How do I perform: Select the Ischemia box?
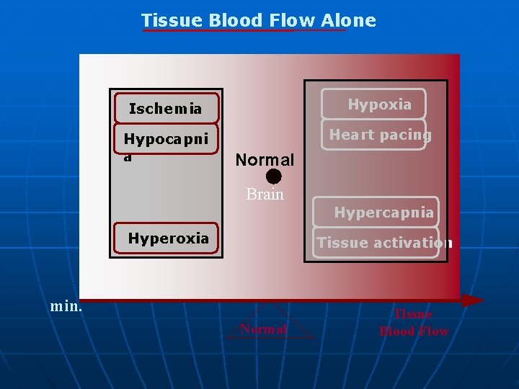166,109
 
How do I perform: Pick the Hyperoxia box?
167,238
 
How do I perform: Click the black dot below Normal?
273,176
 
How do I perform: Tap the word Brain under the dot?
265,194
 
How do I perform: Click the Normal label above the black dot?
265,159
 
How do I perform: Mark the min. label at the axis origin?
66,306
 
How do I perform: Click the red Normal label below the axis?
263,329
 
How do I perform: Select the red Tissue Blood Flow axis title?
413,323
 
